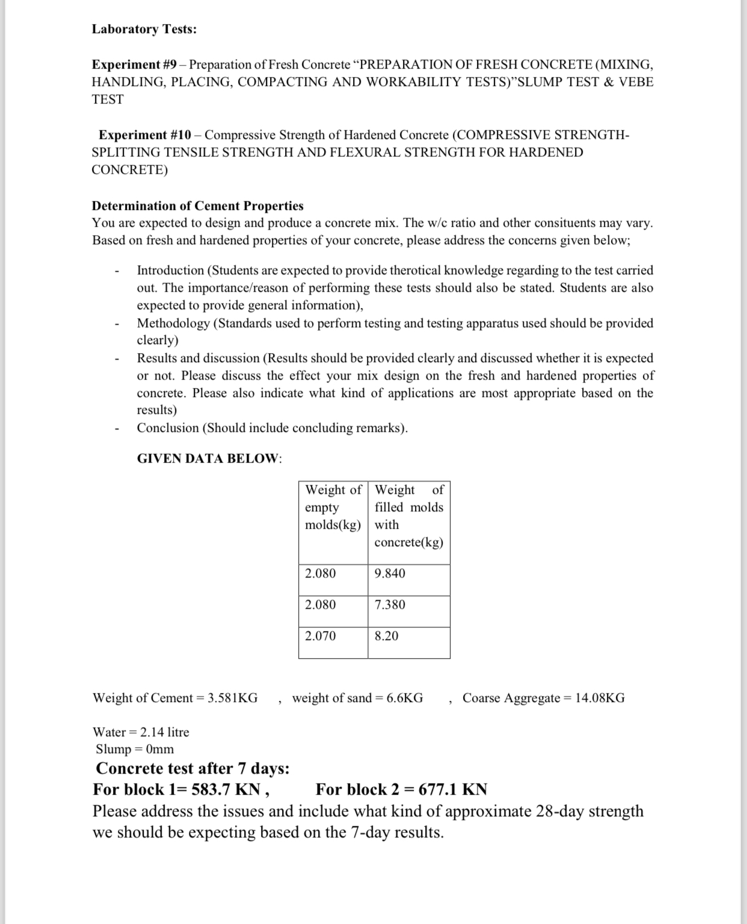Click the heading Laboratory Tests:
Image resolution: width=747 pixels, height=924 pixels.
[144, 29]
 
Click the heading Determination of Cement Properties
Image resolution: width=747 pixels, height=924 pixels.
[197, 206]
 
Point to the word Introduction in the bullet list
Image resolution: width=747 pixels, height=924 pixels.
[170, 271]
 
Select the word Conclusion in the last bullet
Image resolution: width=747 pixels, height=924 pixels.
[167, 428]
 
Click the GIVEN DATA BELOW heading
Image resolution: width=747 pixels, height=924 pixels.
[209, 458]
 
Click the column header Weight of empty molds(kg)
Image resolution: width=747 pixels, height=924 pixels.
[333, 507]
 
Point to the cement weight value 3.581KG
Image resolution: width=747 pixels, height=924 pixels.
[232, 698]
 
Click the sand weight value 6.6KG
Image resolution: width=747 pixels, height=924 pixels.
[404, 698]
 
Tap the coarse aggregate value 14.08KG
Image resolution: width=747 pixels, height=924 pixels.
[600, 698]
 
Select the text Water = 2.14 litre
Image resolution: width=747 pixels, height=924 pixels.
[141, 732]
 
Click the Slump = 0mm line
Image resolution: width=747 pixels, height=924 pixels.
[135, 749]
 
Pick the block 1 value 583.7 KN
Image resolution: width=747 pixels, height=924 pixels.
[226, 789]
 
